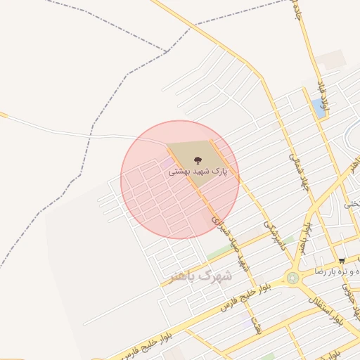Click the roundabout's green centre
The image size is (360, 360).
pyautogui.click(x=292, y=278)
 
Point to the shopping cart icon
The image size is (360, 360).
pyautogui.click(x=341, y=261)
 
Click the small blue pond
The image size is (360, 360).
pyautogui.click(x=319, y=108)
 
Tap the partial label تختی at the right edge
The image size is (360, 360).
pyautogui.click(x=352, y=203)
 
